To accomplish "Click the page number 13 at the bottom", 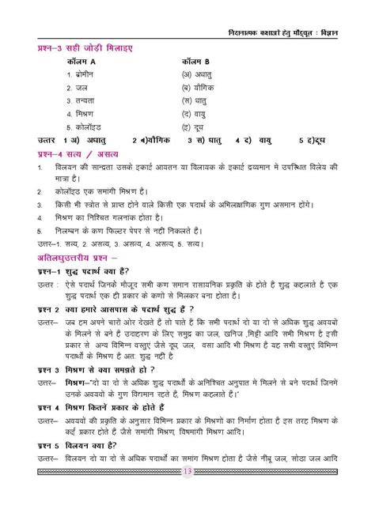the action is pyautogui.click(x=187, y=494).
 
